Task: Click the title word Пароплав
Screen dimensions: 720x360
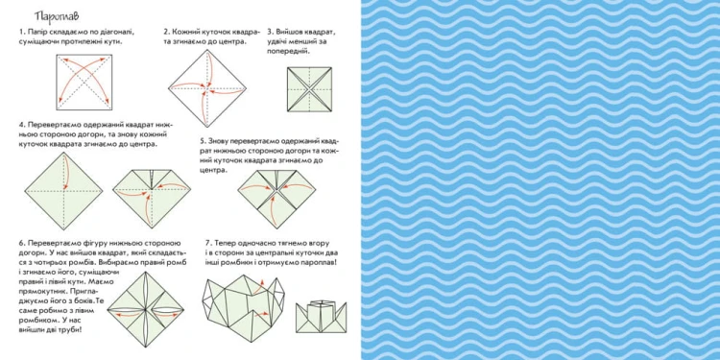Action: (57, 16)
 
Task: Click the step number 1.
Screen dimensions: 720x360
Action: (21, 32)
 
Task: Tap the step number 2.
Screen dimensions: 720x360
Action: (167, 32)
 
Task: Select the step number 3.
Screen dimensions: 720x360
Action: (270, 32)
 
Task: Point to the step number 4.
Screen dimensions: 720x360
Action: (21, 125)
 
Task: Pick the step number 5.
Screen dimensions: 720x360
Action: (203, 140)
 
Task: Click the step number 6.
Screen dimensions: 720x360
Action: (21, 243)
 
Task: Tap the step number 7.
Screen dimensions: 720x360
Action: (208, 243)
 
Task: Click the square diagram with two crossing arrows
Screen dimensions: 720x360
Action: (84, 83)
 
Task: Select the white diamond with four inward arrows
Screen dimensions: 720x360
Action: (207, 87)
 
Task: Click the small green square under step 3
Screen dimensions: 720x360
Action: (309, 89)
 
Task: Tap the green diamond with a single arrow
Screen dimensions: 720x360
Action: (63, 191)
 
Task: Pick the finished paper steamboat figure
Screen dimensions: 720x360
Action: (321, 317)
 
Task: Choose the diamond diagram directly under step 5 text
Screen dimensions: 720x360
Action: (276, 199)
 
